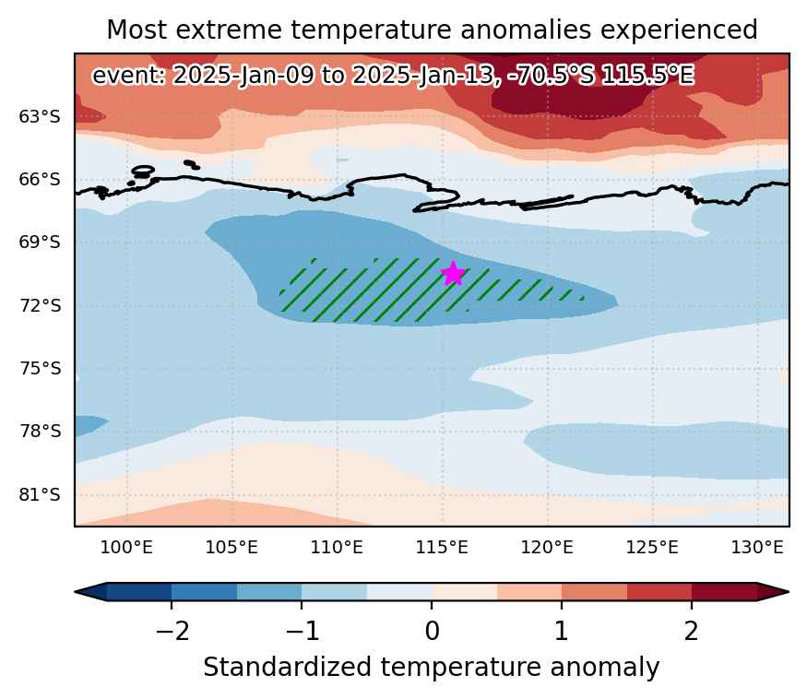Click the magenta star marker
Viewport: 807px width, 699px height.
tap(453, 273)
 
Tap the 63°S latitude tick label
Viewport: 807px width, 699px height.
tap(40, 117)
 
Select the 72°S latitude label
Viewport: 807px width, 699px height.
tap(41, 306)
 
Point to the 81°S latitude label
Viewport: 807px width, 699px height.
tap(40, 495)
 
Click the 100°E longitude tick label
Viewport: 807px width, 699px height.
tap(126, 547)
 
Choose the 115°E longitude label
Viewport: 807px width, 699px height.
tap(442, 547)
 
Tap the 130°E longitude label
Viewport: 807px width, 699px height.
tap(757, 547)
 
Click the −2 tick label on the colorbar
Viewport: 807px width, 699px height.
tap(172, 631)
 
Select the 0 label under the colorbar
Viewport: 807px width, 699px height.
tap(432, 631)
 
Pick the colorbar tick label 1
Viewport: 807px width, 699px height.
tap(562, 631)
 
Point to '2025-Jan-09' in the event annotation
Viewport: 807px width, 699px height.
tap(243, 76)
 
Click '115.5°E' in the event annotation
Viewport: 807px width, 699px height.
tap(648, 76)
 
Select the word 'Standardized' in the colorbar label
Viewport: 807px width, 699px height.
tap(287, 667)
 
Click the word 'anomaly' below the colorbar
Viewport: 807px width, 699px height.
tap(605, 669)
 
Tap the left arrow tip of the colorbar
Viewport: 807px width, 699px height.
tap(75, 592)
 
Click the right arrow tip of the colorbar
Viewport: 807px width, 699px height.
tap(789, 592)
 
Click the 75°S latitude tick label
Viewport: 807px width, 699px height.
tap(41, 369)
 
